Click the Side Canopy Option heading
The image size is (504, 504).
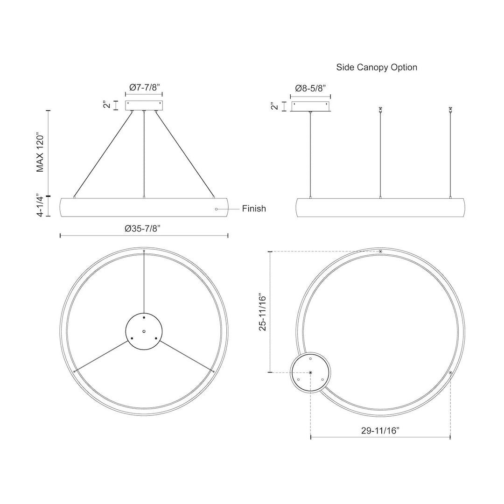pyautogui.click(x=377, y=67)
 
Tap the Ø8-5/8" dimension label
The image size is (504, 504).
pyautogui.click(x=310, y=87)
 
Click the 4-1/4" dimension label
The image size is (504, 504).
pyautogui.click(x=41, y=206)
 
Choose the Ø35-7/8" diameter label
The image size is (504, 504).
pyautogui.click(x=144, y=228)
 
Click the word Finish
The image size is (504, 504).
pyautogui.click(x=254, y=209)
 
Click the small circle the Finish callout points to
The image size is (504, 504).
pyautogui.click(x=216, y=209)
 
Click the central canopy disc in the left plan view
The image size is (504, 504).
pyautogui.click(x=144, y=330)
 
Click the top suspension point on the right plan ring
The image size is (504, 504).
pyautogui.click(x=381, y=252)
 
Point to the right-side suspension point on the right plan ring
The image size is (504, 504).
pyautogui.click(x=450, y=373)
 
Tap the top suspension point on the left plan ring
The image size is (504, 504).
pyautogui.click(x=144, y=251)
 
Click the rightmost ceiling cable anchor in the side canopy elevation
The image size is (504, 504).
pyautogui.click(x=450, y=110)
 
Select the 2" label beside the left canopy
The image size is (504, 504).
pyautogui.click(x=106, y=105)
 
